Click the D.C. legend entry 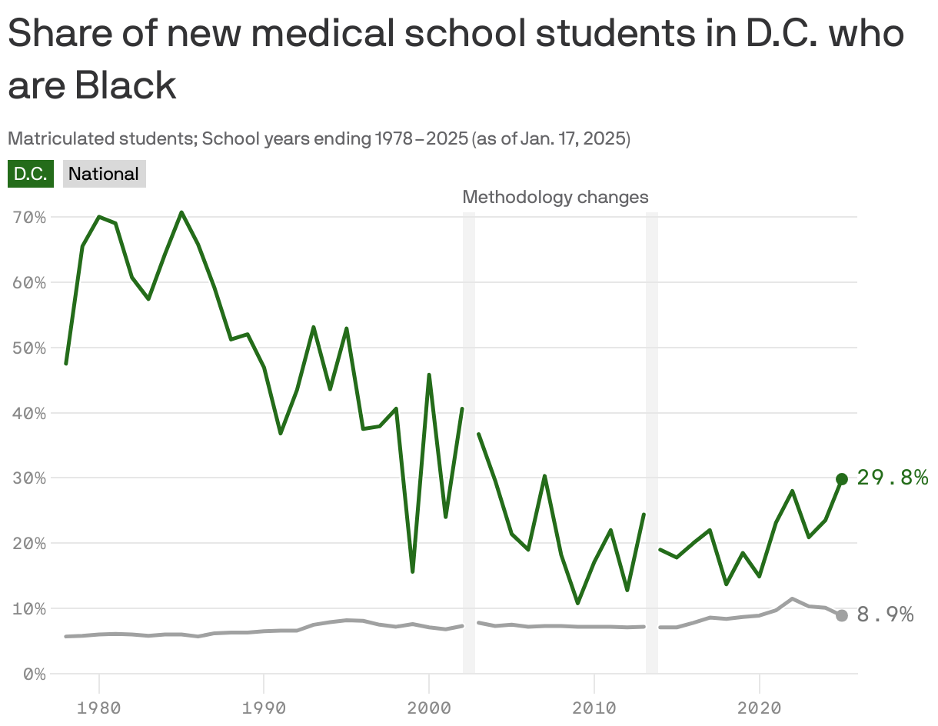click(31, 174)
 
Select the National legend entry click(104, 174)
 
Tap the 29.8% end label click(892, 478)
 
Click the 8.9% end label click(885, 615)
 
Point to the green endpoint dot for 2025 click(842, 479)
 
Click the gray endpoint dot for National click(842, 615)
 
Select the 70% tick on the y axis click(30, 218)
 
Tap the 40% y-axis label click(30, 413)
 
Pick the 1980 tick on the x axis click(98, 705)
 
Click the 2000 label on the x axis click(429, 705)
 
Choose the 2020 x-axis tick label click(760, 705)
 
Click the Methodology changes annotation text click(555, 198)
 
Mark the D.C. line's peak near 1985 click(181, 212)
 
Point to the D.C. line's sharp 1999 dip click(413, 571)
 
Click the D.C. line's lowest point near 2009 click(577, 603)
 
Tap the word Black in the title click(125, 85)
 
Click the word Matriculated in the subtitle click(52, 139)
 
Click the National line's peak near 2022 click(792, 598)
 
